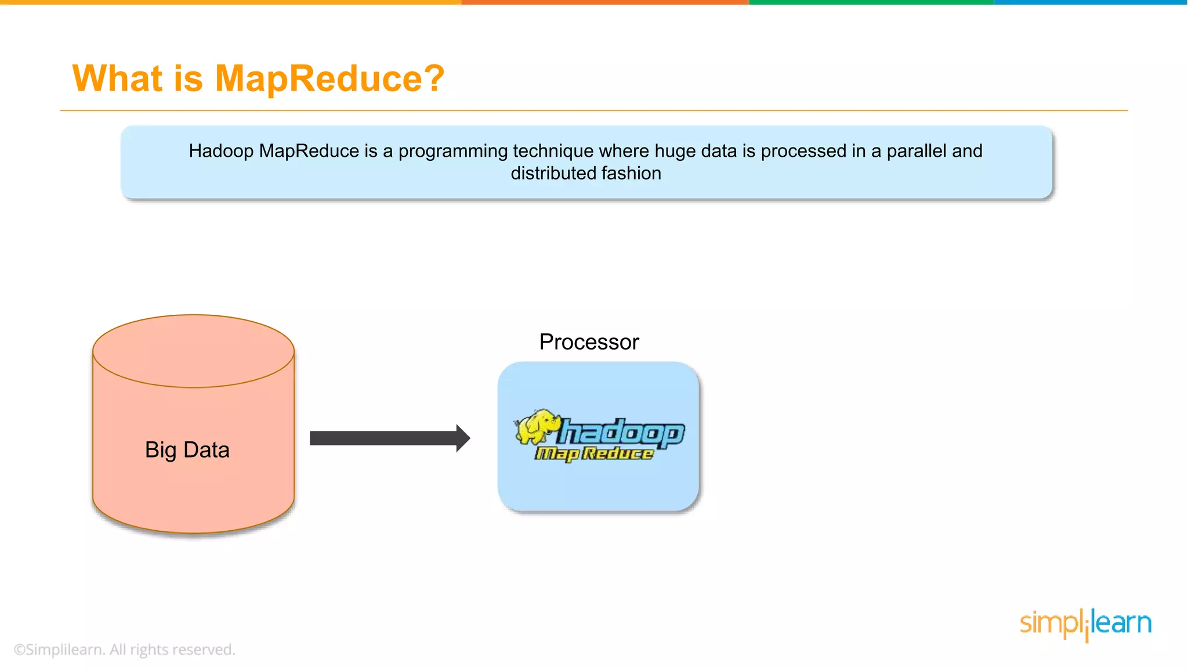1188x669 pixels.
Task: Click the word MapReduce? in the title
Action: [x=329, y=78]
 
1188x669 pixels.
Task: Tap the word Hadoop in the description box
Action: [x=221, y=151]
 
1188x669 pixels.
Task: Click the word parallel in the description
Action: [x=917, y=151]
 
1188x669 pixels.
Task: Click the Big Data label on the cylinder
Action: [x=187, y=450]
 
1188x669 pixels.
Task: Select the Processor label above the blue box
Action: [x=589, y=342]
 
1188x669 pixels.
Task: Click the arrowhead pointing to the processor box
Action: [x=462, y=438]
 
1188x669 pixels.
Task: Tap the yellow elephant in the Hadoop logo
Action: [x=537, y=427]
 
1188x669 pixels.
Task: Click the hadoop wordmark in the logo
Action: [x=621, y=433]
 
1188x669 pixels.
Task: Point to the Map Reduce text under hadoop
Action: [x=594, y=454]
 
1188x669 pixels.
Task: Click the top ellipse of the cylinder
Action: [x=193, y=351]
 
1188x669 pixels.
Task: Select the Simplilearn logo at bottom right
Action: [x=1085, y=624]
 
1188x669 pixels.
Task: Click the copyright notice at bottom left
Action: [x=124, y=649]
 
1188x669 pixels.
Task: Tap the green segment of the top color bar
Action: [x=870, y=2]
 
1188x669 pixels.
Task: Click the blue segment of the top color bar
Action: [x=1091, y=2]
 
